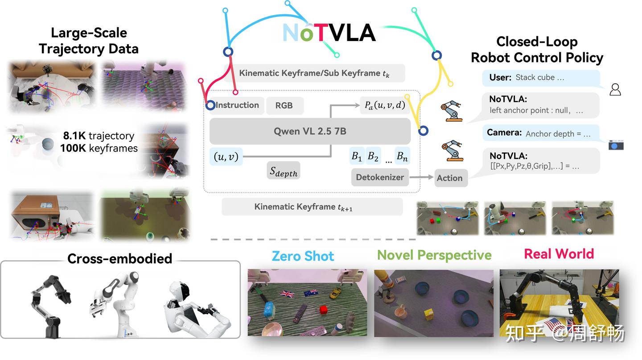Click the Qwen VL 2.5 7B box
coord(310,131)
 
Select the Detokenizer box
coord(380,177)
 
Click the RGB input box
coord(284,106)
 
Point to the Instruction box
coord(236,105)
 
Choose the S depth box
coord(283,171)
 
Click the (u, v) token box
coord(226,157)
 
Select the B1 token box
coord(357,156)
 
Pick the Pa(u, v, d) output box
coord(385,105)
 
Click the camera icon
coord(616,145)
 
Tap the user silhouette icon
coord(615,90)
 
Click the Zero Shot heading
coord(303,256)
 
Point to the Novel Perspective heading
coord(434,255)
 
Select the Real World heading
coord(559,254)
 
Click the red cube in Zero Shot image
coord(323,309)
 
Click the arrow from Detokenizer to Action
coord(421,177)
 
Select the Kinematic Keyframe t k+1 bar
coord(312,207)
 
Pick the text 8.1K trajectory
coord(99,136)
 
